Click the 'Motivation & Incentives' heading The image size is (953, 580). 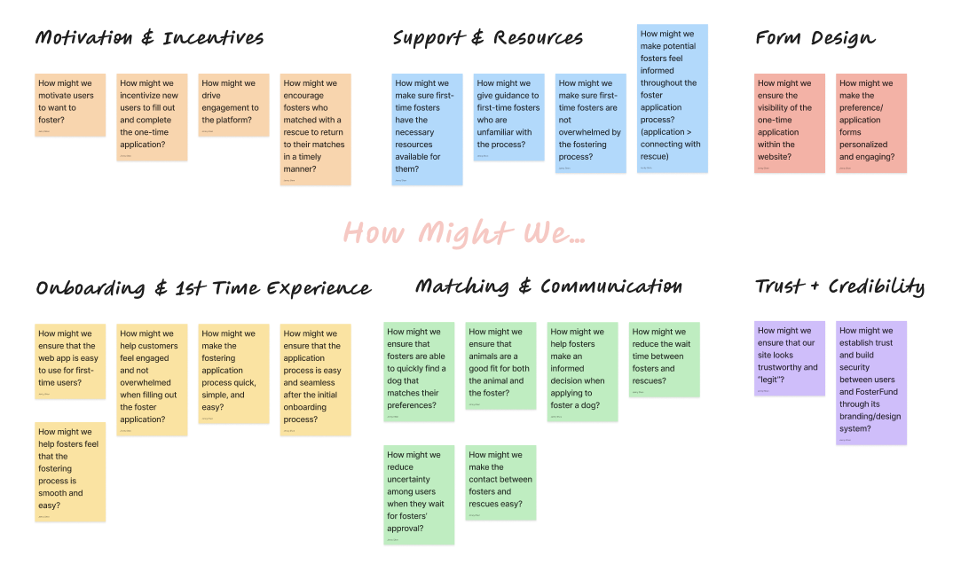[x=149, y=38]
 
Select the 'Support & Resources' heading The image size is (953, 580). [x=488, y=38]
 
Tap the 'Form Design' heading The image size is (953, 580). [x=815, y=38]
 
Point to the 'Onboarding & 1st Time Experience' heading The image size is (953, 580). [x=203, y=288]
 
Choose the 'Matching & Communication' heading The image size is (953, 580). [x=548, y=286]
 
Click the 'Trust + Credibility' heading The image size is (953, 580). [x=839, y=286]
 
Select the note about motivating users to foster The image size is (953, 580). [x=70, y=105]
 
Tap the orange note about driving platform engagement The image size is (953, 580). [x=233, y=105]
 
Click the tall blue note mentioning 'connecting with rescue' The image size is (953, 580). [x=673, y=98]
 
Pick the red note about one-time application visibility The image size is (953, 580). [x=790, y=122]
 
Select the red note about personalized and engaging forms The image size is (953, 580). [x=871, y=122]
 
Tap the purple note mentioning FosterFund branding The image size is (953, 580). [x=871, y=382]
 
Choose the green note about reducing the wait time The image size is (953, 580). [x=665, y=358]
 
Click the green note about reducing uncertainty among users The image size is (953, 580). [x=419, y=494]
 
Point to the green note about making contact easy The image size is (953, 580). [x=500, y=482]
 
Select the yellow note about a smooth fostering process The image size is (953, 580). [x=70, y=472]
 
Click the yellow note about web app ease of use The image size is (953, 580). [x=70, y=360]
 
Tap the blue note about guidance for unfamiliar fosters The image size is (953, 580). [x=508, y=117]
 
